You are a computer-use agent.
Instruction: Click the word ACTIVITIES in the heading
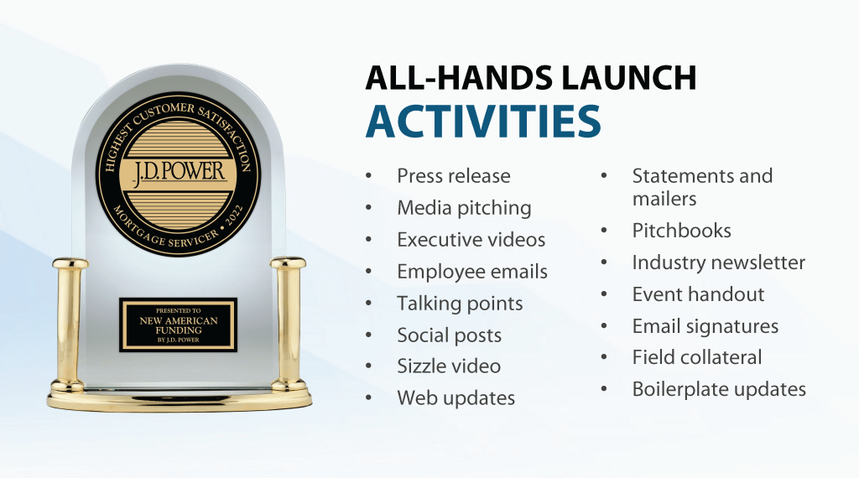click(483, 121)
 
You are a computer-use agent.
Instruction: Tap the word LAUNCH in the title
click(629, 77)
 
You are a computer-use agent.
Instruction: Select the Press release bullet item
click(454, 176)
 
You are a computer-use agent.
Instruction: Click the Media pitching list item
click(464, 208)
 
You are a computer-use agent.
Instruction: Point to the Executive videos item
click(471, 239)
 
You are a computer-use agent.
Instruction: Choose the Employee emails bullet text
click(472, 272)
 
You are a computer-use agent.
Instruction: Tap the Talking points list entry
click(461, 304)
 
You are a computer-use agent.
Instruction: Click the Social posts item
click(450, 335)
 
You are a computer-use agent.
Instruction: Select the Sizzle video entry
click(449, 366)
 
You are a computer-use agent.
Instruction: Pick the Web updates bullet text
click(456, 398)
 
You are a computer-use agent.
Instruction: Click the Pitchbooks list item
click(681, 231)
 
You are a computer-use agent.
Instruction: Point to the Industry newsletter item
click(719, 262)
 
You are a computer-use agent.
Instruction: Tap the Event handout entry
click(698, 294)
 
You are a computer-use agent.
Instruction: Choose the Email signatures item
click(705, 326)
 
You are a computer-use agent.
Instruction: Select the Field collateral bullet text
click(697, 357)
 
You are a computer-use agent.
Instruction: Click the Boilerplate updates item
click(719, 389)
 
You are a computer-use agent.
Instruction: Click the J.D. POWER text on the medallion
click(180, 171)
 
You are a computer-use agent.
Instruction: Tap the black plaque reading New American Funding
click(178, 325)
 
